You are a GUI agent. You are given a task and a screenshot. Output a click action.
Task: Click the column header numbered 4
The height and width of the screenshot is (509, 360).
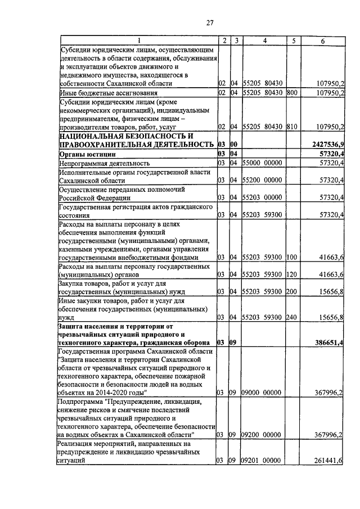pyautogui.click(x=264, y=41)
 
